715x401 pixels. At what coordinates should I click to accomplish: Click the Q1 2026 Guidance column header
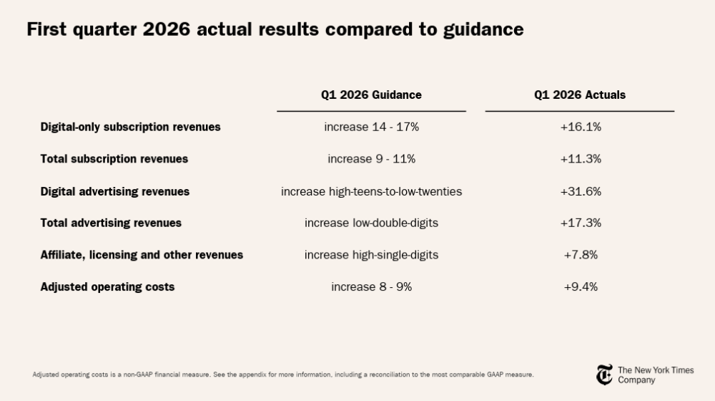(x=371, y=95)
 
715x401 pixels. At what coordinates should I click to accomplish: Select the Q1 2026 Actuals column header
(x=580, y=95)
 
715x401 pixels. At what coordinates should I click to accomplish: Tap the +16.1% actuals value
(x=581, y=127)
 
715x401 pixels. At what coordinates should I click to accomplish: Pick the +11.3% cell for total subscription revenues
(x=581, y=159)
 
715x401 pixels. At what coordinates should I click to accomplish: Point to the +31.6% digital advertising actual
(x=581, y=191)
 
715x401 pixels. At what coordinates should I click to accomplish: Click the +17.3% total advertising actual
(x=581, y=223)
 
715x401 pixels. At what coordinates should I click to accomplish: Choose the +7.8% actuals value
(x=581, y=255)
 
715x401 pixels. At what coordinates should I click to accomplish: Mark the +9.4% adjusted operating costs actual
(x=581, y=287)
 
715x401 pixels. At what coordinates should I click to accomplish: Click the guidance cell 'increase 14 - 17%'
(x=371, y=127)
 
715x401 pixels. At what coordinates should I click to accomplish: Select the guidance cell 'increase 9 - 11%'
(x=371, y=159)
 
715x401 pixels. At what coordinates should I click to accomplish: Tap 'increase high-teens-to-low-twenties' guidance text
(x=371, y=191)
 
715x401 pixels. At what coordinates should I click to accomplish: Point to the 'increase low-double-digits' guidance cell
(x=371, y=223)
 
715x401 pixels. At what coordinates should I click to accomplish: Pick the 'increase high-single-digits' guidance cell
(x=371, y=255)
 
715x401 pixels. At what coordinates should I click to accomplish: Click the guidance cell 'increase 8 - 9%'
(x=371, y=287)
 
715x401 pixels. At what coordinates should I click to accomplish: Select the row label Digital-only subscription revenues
(x=130, y=127)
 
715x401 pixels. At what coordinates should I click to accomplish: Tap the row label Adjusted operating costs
(x=108, y=287)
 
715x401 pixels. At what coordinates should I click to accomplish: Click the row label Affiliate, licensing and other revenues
(x=142, y=255)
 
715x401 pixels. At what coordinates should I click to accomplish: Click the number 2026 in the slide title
(x=167, y=29)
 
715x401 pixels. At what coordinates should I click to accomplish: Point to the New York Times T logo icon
(x=605, y=375)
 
